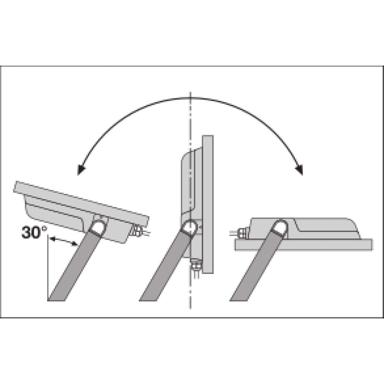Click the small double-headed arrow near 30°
63,242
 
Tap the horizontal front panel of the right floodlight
304,244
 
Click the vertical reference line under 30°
48,269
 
